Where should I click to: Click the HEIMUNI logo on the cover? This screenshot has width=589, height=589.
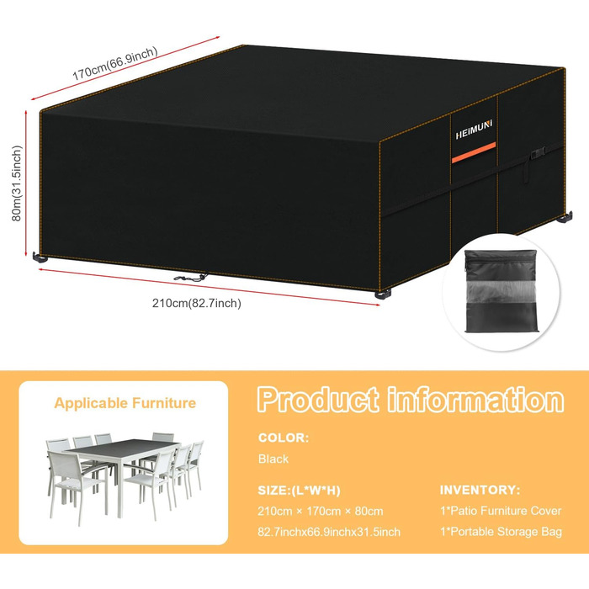point(474,130)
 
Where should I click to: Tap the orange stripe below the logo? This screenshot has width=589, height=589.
point(473,152)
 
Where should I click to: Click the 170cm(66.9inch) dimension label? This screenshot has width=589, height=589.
point(115,63)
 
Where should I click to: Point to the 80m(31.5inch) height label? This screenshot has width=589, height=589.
point(17,183)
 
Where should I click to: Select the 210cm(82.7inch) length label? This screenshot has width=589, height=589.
point(196,303)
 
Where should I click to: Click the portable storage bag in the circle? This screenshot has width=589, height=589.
point(501,291)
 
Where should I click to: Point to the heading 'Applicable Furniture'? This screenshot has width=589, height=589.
point(125,403)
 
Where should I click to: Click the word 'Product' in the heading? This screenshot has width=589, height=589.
point(318,400)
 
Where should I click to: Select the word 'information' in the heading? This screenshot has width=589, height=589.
point(475,400)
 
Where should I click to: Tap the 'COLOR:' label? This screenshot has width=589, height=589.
point(284,438)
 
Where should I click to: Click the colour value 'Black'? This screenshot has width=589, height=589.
point(273,459)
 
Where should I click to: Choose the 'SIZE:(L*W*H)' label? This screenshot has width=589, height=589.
point(299,491)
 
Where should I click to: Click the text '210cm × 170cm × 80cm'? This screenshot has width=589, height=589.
point(321,511)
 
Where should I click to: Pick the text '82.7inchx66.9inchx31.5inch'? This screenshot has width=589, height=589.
point(329,532)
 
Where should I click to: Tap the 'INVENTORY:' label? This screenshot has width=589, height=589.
point(480,490)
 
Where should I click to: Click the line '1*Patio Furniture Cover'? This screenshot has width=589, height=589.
point(501,511)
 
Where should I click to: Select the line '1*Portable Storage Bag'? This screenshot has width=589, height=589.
point(501,532)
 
